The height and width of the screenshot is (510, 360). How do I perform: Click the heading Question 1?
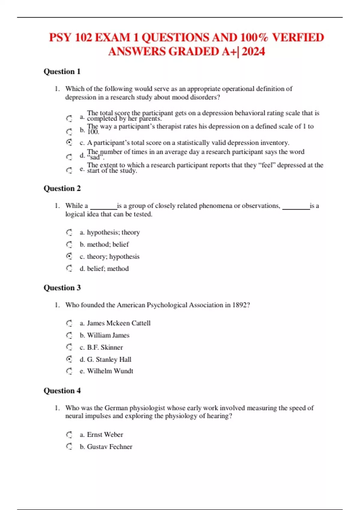[x=62, y=72]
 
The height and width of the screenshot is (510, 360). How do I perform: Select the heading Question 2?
[x=62, y=188]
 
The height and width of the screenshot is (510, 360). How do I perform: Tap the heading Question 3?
[x=62, y=288]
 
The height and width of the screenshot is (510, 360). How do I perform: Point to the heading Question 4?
[x=62, y=391]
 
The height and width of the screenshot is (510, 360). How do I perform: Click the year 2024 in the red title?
[x=253, y=52]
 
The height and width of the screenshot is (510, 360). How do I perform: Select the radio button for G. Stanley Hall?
[x=69, y=359]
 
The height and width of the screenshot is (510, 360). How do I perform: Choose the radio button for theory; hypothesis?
[x=69, y=256]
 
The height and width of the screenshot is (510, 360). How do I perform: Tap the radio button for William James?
[x=69, y=335]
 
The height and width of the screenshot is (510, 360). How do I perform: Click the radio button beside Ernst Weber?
[x=69, y=434]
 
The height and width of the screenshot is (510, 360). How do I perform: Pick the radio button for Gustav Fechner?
[x=69, y=446]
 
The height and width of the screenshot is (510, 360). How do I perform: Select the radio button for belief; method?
[x=69, y=268]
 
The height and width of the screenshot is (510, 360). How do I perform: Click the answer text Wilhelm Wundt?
[x=110, y=371]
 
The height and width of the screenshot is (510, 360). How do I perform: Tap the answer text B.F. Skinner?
[x=105, y=347]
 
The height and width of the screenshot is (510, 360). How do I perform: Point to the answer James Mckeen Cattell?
[x=119, y=323]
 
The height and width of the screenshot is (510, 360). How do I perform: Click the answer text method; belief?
[x=108, y=244]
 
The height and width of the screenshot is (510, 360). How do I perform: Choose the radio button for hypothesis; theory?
[x=69, y=232]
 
